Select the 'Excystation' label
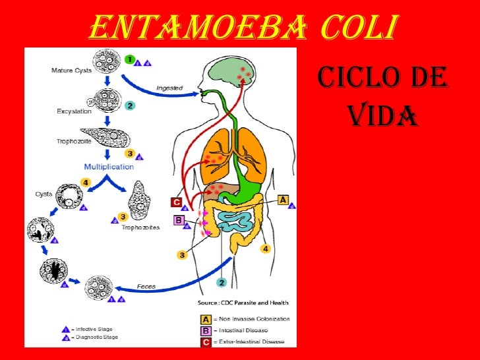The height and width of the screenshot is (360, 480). pyautogui.click(x=74, y=111)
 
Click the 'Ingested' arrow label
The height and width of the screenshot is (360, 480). pyautogui.click(x=169, y=88)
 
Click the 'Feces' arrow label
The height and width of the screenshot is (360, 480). pyautogui.click(x=146, y=287)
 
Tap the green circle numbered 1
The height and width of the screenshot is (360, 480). pyautogui.click(x=131, y=59)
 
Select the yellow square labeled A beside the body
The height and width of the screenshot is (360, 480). pyautogui.click(x=284, y=200)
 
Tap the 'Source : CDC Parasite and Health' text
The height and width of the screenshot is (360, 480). pyautogui.click(x=244, y=303)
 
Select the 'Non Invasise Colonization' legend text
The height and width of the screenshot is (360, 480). pyautogui.click(x=254, y=318)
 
